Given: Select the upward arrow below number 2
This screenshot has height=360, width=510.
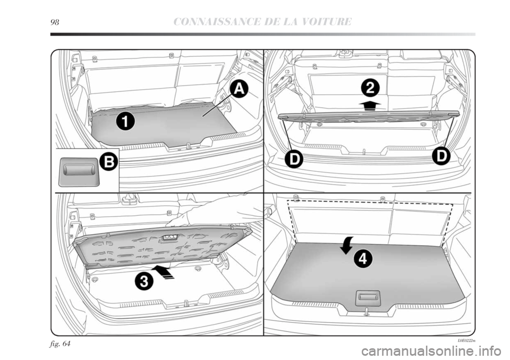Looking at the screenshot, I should [368, 104].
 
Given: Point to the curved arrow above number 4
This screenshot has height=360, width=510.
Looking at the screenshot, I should [346, 245].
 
